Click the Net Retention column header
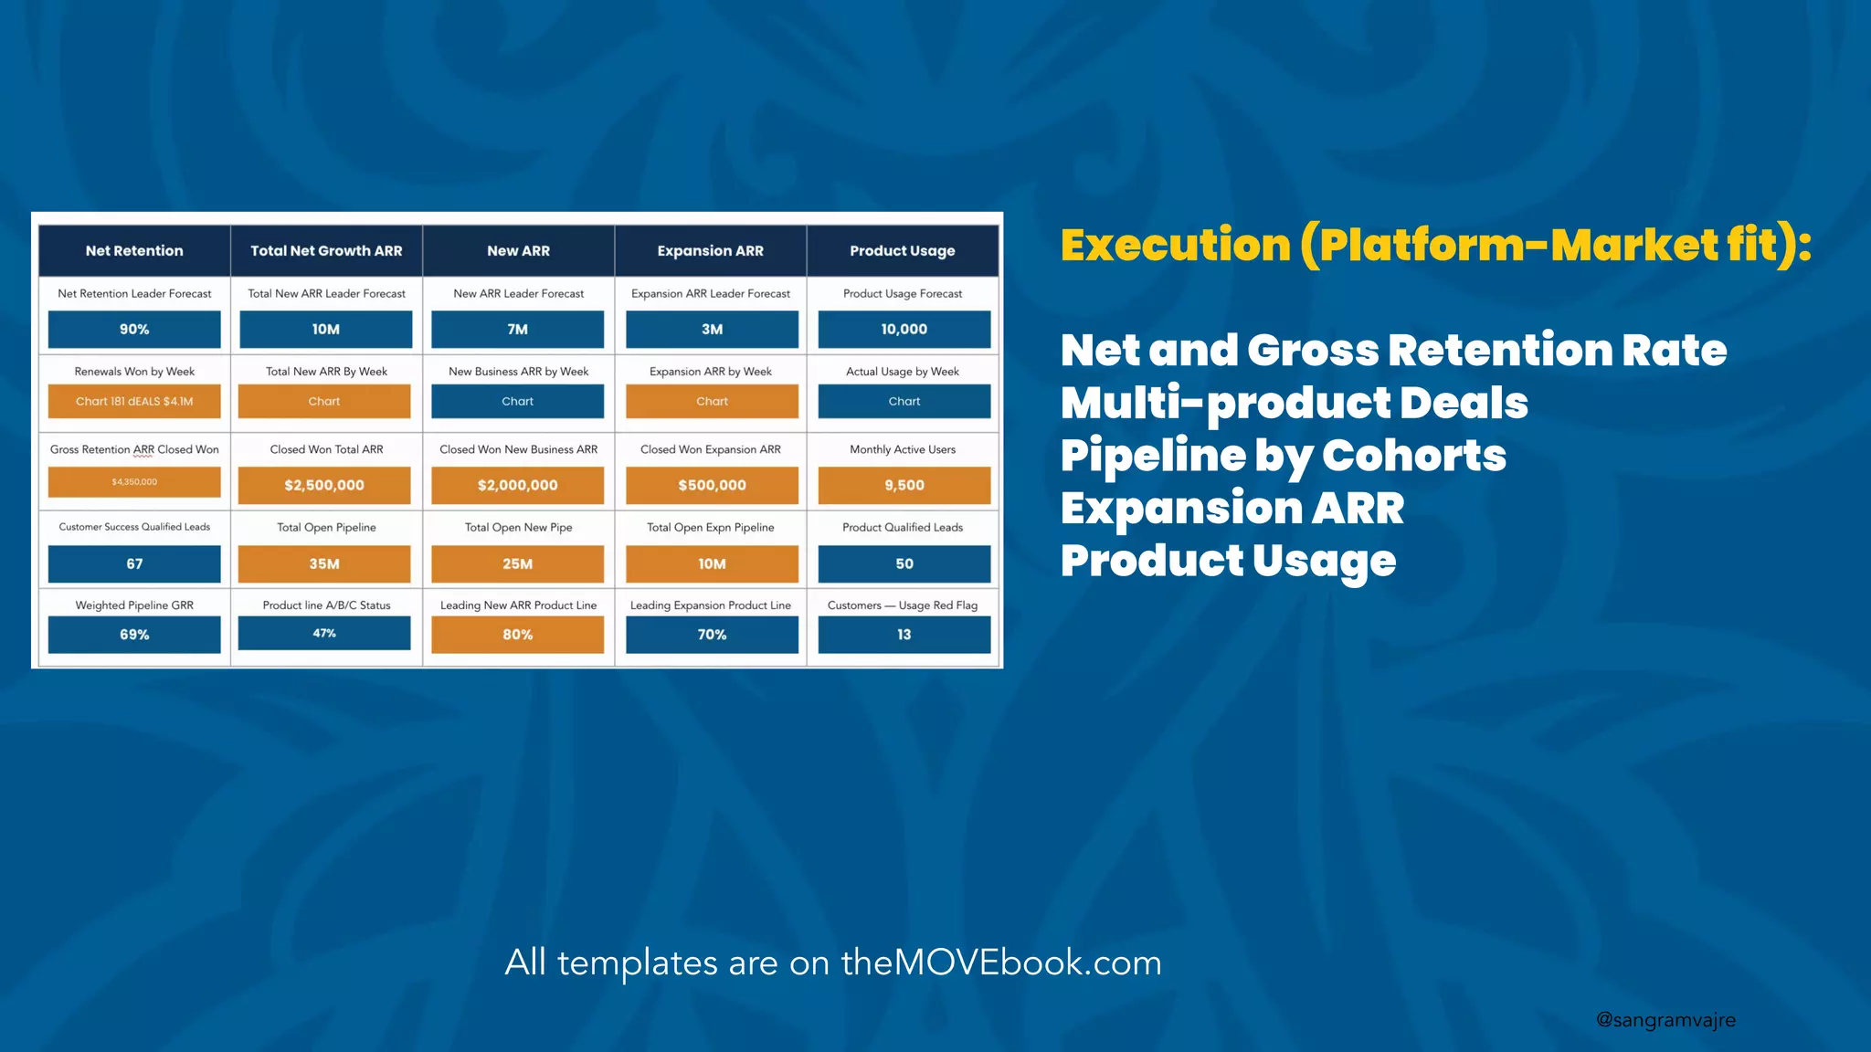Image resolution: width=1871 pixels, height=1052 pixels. click(134, 250)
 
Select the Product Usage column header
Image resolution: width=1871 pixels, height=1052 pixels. click(903, 250)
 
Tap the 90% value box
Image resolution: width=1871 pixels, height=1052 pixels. click(134, 329)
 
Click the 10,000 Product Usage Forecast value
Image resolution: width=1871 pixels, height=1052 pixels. click(904, 329)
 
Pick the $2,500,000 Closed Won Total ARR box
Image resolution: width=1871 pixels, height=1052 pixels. click(324, 485)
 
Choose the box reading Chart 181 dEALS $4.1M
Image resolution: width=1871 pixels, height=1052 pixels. click(134, 401)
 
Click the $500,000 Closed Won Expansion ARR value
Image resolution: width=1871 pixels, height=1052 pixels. click(712, 485)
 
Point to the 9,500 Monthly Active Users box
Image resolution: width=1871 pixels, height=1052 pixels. click(904, 485)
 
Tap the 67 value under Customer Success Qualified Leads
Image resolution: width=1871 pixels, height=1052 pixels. click(134, 563)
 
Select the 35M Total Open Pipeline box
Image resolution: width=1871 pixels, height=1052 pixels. click(324, 563)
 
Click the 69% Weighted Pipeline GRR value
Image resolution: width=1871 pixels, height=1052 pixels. click(134, 634)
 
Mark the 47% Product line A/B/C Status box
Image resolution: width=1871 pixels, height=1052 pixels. click(324, 633)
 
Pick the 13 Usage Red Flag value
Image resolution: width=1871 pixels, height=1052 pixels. click(904, 634)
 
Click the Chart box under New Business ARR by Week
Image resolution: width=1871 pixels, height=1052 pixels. click(517, 401)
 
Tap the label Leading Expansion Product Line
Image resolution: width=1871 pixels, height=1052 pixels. click(711, 605)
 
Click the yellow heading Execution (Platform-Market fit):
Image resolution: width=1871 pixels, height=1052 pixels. click(1435, 245)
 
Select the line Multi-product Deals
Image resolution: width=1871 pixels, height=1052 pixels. click(1294, 403)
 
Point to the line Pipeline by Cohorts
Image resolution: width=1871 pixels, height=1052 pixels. click(1283, 456)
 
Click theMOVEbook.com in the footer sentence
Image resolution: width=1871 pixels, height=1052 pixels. click(1000, 963)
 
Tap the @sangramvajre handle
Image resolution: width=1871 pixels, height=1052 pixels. click(1665, 1020)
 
